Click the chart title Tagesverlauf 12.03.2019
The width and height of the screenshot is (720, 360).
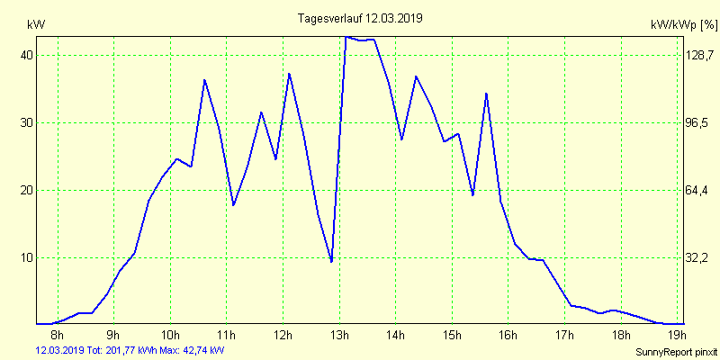[360, 18]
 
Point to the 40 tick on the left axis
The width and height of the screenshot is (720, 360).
[27, 55]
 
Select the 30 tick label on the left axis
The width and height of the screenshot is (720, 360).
[27, 122]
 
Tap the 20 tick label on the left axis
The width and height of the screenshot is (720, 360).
[27, 190]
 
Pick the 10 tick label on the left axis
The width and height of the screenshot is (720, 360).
[27, 257]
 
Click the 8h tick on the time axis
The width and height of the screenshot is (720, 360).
[58, 336]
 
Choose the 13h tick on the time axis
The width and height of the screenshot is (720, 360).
[339, 336]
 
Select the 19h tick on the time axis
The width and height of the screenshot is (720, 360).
[677, 336]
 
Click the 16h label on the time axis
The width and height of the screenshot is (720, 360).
[508, 336]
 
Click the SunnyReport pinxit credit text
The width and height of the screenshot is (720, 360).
[676, 351]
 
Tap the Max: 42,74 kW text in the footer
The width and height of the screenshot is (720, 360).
[193, 350]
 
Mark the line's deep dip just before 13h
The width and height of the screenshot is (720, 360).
[332, 261]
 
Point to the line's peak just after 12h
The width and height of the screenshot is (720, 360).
[289, 74]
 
